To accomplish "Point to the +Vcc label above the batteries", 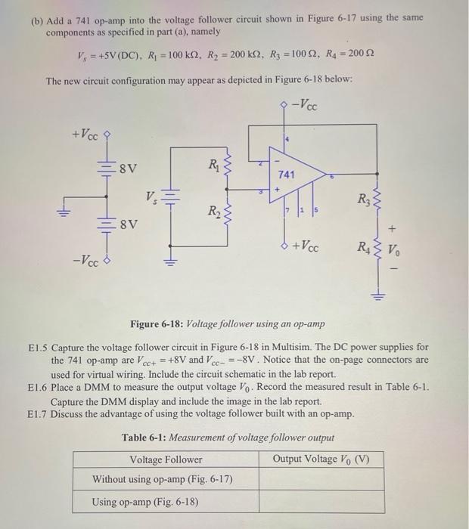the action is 84,135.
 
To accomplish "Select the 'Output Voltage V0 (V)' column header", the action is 321,459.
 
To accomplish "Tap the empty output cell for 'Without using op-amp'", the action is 320,479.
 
